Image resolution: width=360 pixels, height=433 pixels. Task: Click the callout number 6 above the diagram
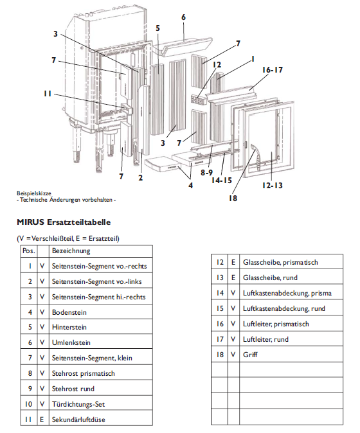[183, 17]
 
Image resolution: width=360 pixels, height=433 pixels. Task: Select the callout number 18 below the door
[233, 199]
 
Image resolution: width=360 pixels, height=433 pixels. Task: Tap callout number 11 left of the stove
[47, 93]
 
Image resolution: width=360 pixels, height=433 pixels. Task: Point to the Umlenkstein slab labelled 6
[186, 45]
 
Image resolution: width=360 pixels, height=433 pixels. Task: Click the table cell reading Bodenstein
[69, 312]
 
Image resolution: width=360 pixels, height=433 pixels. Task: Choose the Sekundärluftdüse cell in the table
[78, 420]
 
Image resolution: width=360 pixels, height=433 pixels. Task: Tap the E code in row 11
[42, 420]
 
